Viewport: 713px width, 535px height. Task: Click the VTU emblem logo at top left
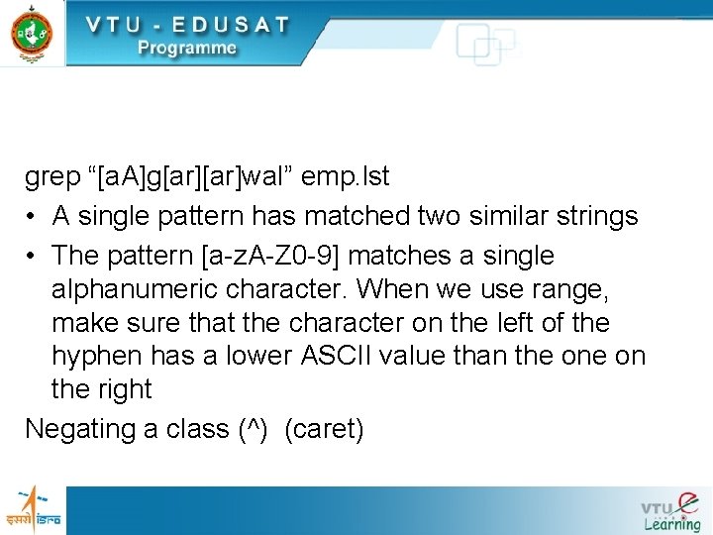[32, 33]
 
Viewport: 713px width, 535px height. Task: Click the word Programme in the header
[187, 49]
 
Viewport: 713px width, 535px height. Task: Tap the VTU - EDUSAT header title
[187, 24]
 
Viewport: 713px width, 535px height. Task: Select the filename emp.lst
[347, 177]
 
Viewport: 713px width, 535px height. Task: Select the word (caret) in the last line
[324, 430]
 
